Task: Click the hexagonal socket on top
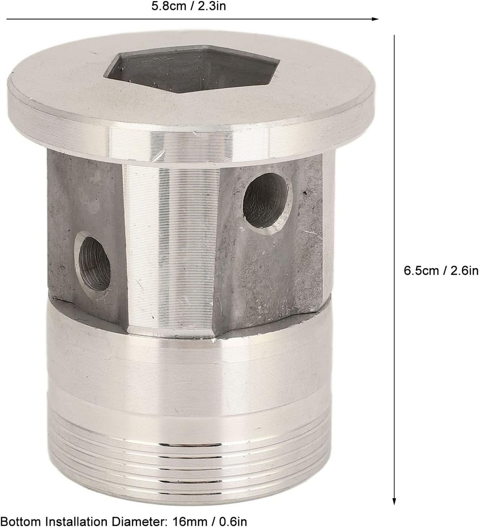pos(192,70)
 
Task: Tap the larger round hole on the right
pos(266,200)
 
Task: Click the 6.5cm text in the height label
pos(421,270)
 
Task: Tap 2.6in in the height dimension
pos(463,270)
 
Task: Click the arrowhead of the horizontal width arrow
pos(376,19)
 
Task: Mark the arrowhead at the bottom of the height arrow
pos(394,501)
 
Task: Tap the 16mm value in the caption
pos(183,521)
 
